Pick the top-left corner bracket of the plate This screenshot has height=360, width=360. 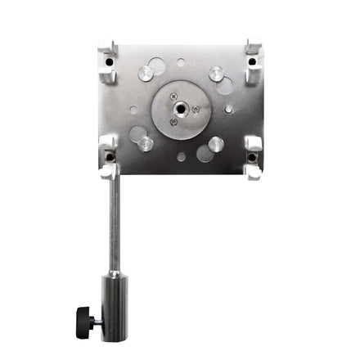pos(107,62)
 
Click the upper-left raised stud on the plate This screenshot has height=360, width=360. pos(145,72)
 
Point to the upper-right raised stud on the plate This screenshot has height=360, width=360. pos(216,72)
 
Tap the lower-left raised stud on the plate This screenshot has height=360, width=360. pos(145,143)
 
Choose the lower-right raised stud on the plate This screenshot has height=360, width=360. pos(216,143)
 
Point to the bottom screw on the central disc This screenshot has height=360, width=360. pos(173,123)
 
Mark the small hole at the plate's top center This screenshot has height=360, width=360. pos(181,61)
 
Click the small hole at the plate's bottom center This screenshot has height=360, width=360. pos(181,156)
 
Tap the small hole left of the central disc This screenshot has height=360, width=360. pos(133,109)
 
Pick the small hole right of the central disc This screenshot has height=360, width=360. pos(228,109)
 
